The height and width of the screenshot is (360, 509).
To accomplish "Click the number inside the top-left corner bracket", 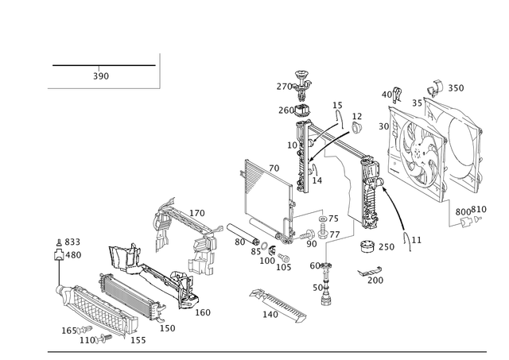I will click(x=100, y=76).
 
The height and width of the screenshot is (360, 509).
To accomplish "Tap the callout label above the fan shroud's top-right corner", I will click(x=456, y=86).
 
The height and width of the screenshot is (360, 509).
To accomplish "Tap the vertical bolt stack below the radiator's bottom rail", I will click(x=324, y=282).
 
